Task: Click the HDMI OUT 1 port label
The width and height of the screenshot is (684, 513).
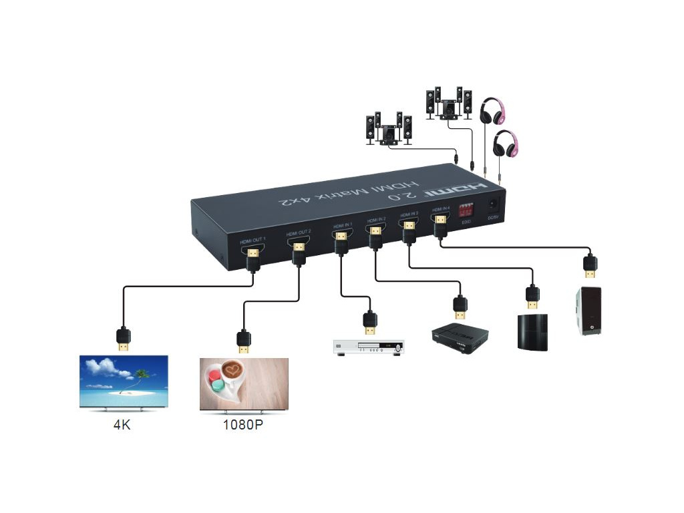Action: (x=253, y=238)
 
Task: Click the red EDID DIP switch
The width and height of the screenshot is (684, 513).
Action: (x=465, y=209)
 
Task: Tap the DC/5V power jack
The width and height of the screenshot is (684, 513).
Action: (x=493, y=204)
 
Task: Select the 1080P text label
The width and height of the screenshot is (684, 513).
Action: (x=243, y=425)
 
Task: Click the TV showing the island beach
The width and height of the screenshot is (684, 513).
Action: (x=124, y=381)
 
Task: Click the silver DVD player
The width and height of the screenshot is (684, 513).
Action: (x=369, y=347)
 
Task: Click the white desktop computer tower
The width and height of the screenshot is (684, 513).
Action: (x=588, y=311)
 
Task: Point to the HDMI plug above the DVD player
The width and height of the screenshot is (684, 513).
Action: (x=369, y=323)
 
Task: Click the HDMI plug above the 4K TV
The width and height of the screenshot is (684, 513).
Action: (x=123, y=339)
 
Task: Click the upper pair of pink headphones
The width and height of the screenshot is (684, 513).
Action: (x=494, y=110)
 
